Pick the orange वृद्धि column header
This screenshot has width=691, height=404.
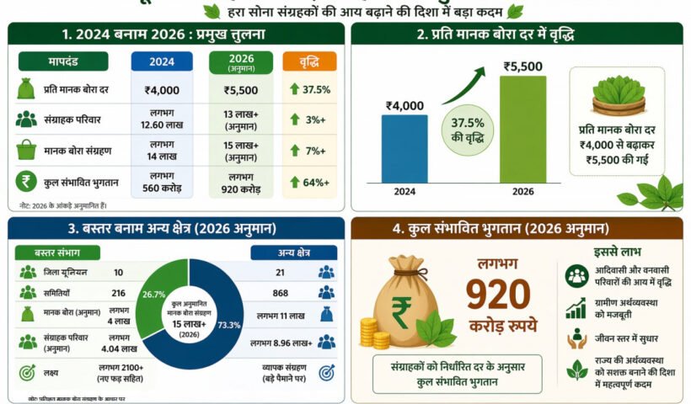point(308,61)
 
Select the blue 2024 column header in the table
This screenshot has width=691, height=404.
point(162,61)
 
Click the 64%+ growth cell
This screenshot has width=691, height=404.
point(308,181)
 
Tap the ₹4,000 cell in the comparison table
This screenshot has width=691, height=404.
point(162,89)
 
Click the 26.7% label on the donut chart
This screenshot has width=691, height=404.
point(155,295)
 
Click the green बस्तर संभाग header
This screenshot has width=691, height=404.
point(58,252)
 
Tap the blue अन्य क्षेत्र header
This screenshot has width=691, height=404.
point(293,252)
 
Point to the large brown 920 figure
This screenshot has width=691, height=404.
point(498,294)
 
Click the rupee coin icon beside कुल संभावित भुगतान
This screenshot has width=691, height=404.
point(26,181)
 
